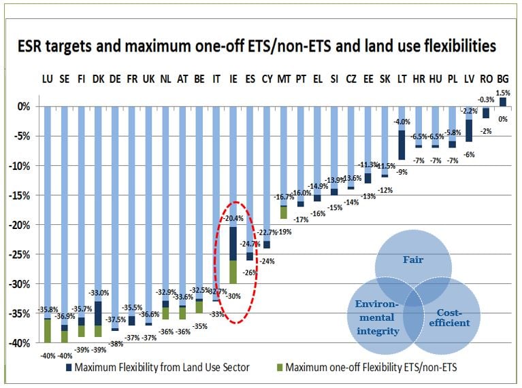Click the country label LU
coord(47,79)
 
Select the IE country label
coord(233,79)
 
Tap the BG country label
coord(503,79)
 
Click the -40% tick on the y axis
coord(18,343)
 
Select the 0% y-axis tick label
coord(23,107)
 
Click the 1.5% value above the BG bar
coord(503,92)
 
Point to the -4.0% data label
coord(402,122)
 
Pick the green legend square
coord(277,368)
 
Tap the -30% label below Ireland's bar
coord(233,296)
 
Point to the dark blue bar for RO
coord(486,112)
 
